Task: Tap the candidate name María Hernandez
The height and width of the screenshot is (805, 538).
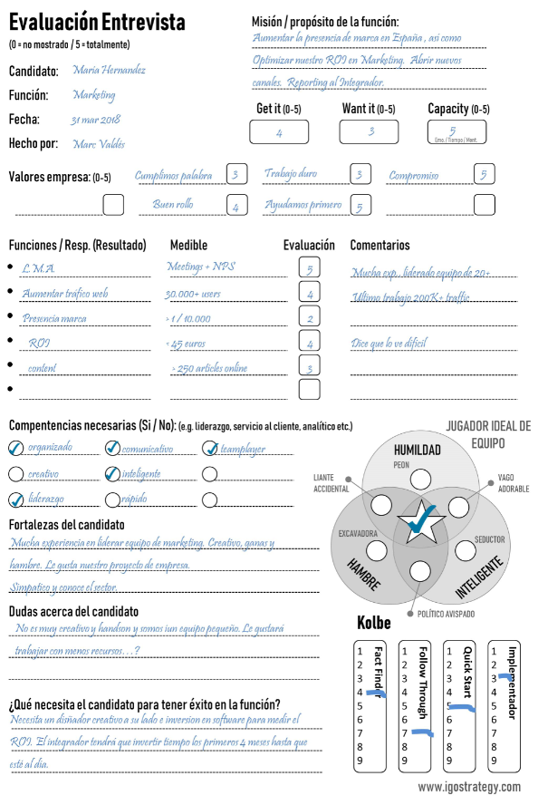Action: tap(109, 70)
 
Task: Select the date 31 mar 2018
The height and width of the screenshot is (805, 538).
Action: tap(96, 119)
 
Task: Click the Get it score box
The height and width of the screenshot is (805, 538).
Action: tap(279, 132)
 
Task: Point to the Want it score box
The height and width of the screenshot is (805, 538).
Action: tap(369, 132)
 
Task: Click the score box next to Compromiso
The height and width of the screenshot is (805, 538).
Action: tap(485, 175)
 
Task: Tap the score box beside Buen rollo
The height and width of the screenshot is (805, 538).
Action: tap(235, 205)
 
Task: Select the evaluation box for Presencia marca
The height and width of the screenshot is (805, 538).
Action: tap(310, 318)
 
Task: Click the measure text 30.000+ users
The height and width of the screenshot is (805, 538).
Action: tap(194, 294)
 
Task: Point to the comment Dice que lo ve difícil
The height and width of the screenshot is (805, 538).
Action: tap(389, 344)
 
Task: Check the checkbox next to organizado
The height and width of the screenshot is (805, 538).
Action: tap(16, 448)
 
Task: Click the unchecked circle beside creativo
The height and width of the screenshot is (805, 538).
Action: tap(16, 474)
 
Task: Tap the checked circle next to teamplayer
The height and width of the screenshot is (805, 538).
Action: tap(210, 448)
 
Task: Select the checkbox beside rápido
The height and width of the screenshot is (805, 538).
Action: tap(113, 499)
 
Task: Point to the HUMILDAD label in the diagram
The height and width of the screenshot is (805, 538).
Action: tap(417, 450)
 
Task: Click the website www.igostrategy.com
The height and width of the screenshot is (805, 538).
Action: tap(469, 787)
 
